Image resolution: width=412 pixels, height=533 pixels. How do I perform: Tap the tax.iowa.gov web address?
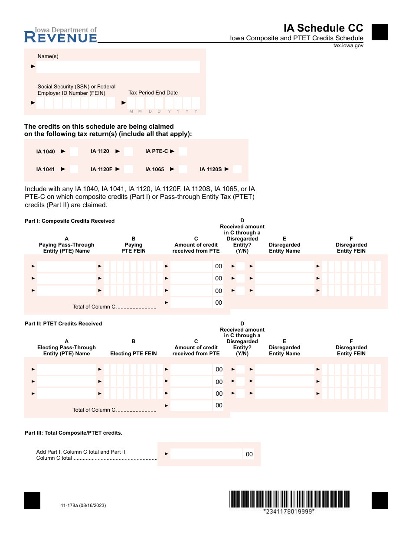348,45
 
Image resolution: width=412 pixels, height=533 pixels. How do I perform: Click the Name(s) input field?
118,66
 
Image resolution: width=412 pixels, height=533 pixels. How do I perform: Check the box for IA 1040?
74,151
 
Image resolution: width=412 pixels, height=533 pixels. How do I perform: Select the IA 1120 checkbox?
128,151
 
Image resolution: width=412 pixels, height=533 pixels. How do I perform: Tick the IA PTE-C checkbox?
183,151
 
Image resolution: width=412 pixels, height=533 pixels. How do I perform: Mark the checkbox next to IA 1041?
74,169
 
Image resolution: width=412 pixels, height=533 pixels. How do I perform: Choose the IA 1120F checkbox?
128,169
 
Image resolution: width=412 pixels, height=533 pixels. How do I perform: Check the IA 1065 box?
183,169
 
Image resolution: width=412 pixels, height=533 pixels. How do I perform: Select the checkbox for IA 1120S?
237,169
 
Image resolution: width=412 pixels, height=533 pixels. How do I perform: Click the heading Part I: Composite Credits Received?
70,221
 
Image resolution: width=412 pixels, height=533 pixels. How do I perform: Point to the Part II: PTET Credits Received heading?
63,324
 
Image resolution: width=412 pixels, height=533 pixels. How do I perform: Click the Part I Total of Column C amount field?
191,302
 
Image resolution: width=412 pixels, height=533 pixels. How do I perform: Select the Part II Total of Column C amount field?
191,405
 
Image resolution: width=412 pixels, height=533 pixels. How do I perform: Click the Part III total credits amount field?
206,454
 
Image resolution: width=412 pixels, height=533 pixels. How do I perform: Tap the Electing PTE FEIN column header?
134,354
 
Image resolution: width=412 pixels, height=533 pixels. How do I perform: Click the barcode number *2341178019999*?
289,511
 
